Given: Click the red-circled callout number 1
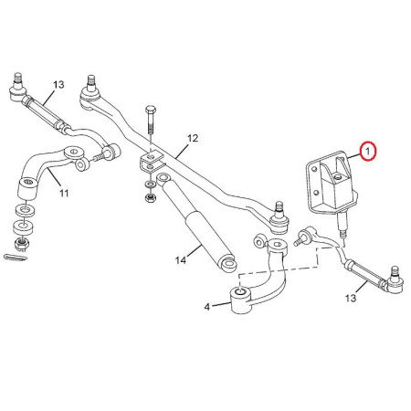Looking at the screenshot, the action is tap(368, 152).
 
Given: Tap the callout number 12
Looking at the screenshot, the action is tap(193, 138).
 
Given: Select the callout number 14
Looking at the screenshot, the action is tap(181, 260).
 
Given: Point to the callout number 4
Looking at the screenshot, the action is tap(207, 307).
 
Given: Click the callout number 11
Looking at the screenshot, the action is tap(64, 193).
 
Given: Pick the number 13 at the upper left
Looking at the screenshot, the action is tap(58, 84).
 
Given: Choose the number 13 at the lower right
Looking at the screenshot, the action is tap(351, 298).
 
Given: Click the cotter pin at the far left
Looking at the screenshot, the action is tap(16, 258).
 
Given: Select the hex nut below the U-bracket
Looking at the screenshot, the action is tap(150, 198).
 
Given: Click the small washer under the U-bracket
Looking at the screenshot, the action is tap(150, 184).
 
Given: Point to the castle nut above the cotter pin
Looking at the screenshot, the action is tap(21, 243).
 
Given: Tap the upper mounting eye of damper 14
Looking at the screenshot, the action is tap(163, 178).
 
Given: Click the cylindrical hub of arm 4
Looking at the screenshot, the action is tap(240, 300).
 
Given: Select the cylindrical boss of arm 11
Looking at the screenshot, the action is tap(28, 189).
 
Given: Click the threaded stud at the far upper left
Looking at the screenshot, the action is tap(18, 79).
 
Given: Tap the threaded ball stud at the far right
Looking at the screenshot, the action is tap(395, 271).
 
